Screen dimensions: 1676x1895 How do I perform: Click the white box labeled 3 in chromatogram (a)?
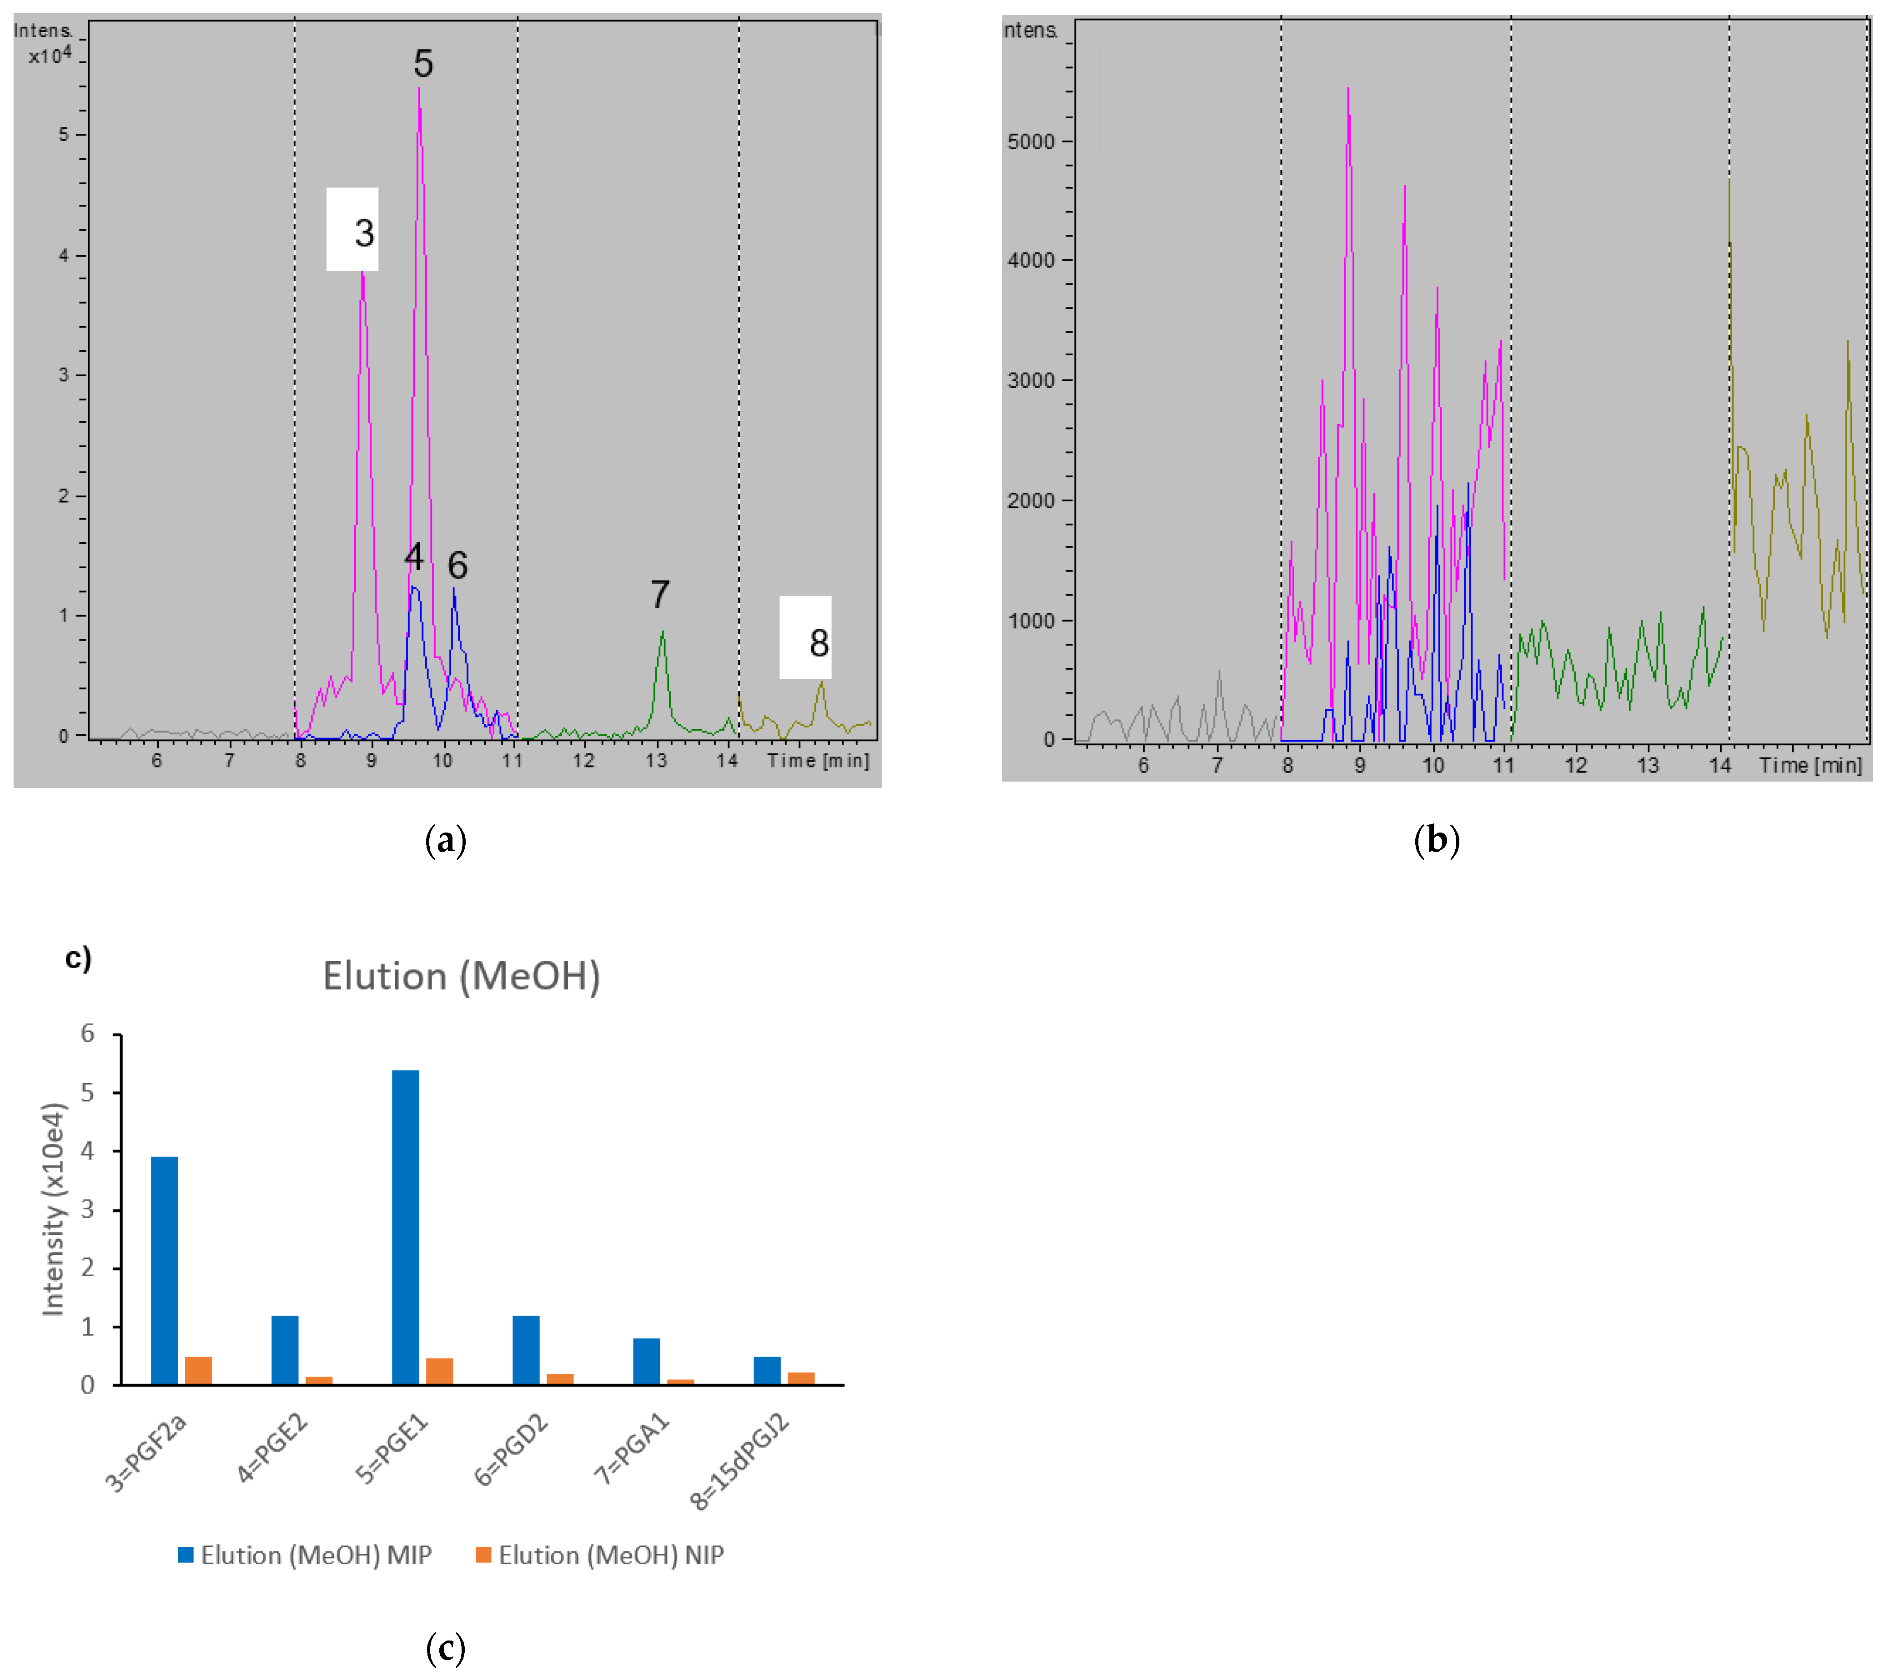352,229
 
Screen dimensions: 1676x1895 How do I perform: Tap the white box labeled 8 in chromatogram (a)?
805,638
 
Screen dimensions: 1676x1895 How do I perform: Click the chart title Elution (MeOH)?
461,977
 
